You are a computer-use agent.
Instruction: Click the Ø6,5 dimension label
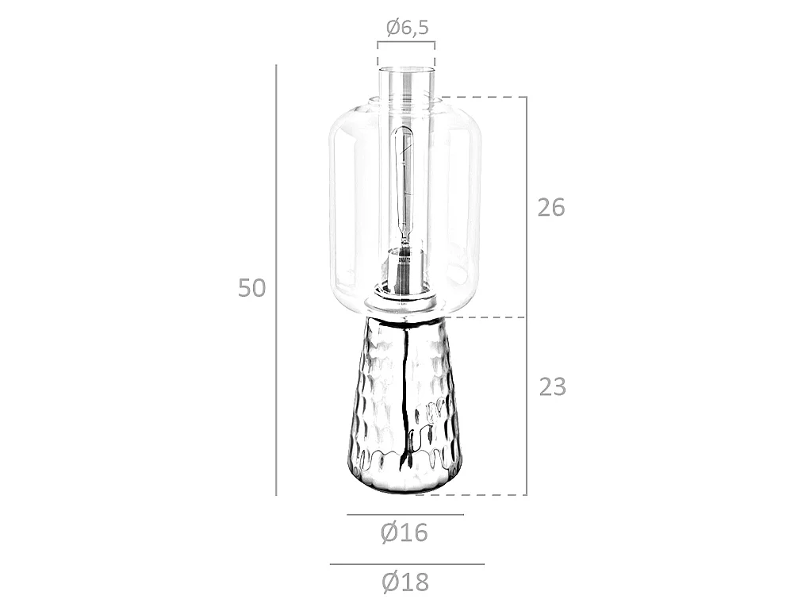coord(407,27)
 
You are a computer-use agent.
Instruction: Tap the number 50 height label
coord(251,288)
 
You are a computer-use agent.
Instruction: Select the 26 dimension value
coord(551,208)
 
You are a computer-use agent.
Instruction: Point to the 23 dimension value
coord(553,387)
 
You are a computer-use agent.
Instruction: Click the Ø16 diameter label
coord(404,532)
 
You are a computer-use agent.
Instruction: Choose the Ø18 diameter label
coord(405,582)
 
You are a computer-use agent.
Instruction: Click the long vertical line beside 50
coord(276,280)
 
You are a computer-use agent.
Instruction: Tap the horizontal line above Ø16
coord(405,515)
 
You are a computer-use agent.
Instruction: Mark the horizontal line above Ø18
coord(407,564)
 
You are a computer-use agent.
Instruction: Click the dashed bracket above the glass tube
coord(406,42)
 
